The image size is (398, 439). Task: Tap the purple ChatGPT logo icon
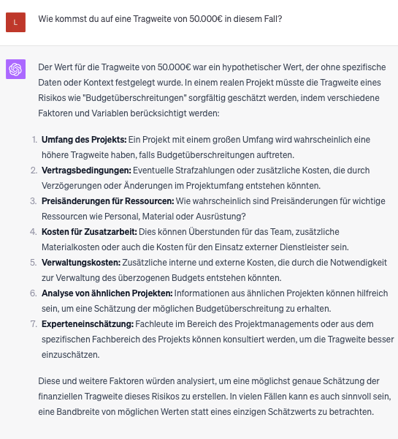click(x=15, y=70)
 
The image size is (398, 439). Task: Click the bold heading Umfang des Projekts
click(x=84, y=139)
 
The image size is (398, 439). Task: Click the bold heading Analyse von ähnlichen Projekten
click(x=107, y=293)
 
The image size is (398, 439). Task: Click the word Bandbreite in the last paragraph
click(x=80, y=411)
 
